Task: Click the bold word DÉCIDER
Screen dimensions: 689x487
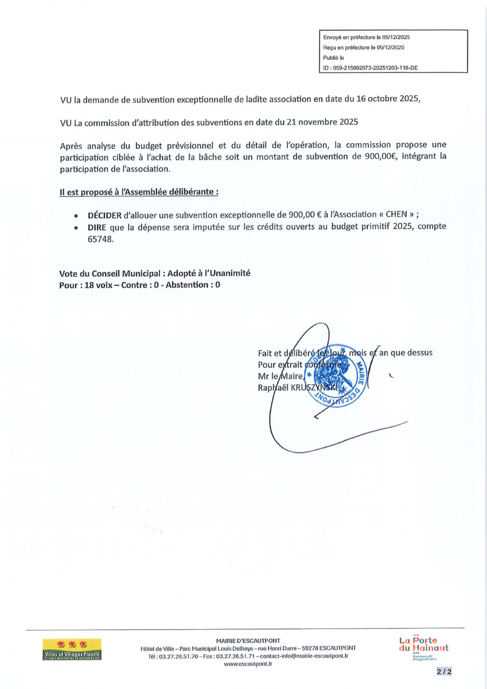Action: [104, 214]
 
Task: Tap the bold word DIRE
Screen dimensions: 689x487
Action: [98, 226]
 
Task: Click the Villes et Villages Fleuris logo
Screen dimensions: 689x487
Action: [72, 648]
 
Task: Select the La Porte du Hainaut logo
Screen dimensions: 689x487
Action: [424, 647]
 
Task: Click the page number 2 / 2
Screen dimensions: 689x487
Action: [443, 671]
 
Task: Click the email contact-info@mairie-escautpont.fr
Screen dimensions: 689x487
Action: [305, 655]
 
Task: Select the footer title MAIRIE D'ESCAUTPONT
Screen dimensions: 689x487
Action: [248, 640]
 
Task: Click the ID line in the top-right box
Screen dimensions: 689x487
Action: [371, 68]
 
